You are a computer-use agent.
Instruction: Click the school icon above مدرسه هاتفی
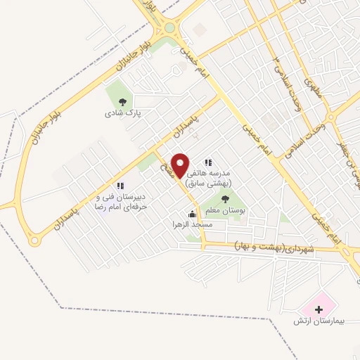point(207,162)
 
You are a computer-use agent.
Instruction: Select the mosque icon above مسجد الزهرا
point(192,214)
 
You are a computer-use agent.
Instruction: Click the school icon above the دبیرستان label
point(120,186)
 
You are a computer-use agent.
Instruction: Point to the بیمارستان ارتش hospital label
point(320,321)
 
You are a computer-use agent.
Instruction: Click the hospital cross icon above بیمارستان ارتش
point(319,309)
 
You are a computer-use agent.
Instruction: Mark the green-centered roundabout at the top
point(169,29)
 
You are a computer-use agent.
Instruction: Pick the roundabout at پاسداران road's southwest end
point(33,240)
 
